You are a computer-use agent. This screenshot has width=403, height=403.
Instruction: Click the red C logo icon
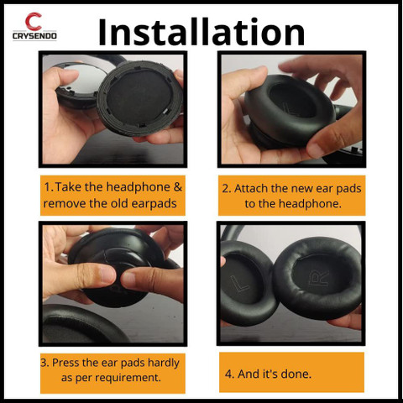34,22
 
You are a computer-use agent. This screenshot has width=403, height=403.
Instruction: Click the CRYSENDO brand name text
34,39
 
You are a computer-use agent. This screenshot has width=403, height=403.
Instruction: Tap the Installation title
201,31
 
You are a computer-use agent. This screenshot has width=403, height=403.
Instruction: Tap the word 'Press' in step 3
68,363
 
